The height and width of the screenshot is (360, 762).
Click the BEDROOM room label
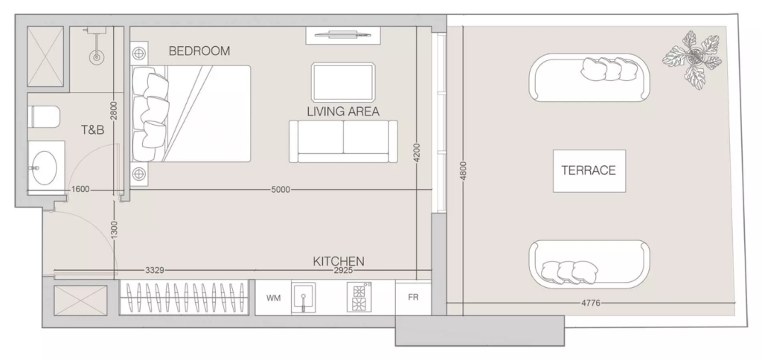[x=199, y=51]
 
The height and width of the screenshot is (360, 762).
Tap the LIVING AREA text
[x=343, y=112]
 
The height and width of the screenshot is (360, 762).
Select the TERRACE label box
[x=589, y=170]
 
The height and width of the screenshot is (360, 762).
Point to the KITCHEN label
[x=339, y=261]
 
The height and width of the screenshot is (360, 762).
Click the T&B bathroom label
[x=92, y=129]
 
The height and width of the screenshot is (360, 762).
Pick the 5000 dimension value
[x=281, y=190]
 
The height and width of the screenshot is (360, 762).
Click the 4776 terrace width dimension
[x=590, y=303]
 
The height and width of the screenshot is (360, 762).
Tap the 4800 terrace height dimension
[x=463, y=171]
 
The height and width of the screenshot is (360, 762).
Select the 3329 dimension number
[x=155, y=270]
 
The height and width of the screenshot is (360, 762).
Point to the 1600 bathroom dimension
[x=80, y=190]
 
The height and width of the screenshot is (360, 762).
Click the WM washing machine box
[x=273, y=298]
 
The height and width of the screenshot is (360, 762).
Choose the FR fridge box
[x=413, y=298]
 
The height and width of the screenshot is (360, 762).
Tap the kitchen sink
[x=304, y=298]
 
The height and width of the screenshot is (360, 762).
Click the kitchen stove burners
[x=359, y=298]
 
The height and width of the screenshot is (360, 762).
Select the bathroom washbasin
[x=45, y=167]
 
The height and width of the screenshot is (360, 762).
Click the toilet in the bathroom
[x=45, y=117]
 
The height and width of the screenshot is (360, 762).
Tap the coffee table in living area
[x=342, y=82]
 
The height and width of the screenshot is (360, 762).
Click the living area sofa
[x=343, y=141]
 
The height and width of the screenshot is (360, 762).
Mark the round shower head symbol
[x=96, y=57]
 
